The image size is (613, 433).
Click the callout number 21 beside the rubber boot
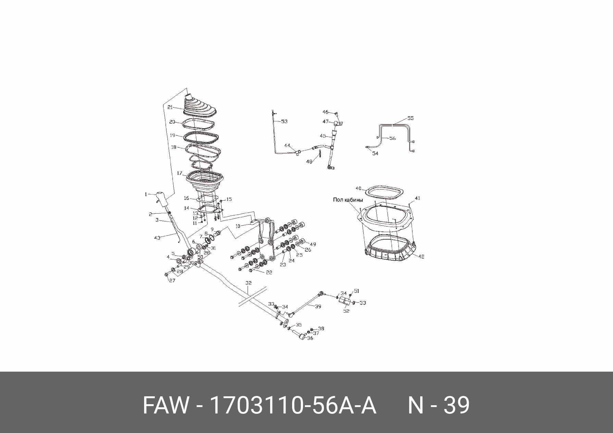click(170, 107)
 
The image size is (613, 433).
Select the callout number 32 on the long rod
click(248, 283)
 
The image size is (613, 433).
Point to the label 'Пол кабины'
click(348, 200)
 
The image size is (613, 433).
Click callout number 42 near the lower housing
click(421, 256)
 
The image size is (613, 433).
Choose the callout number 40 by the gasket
click(359, 188)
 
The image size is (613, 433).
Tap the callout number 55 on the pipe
click(411, 118)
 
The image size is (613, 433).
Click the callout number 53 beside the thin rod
click(284, 121)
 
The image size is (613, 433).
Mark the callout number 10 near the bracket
click(239, 226)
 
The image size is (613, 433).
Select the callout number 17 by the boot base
click(179, 173)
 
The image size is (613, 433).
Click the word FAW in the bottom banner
click(165, 405)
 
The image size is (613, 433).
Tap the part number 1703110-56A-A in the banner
click(293, 405)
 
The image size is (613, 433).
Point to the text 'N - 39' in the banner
click(438, 405)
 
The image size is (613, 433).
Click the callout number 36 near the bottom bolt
click(310, 338)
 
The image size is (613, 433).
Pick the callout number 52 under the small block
click(346, 311)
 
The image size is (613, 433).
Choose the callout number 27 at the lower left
click(172, 281)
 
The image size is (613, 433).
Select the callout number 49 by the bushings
click(313, 244)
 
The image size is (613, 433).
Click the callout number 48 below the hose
click(309, 161)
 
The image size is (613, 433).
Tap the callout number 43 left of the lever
click(157, 238)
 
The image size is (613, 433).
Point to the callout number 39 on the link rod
click(318, 306)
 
